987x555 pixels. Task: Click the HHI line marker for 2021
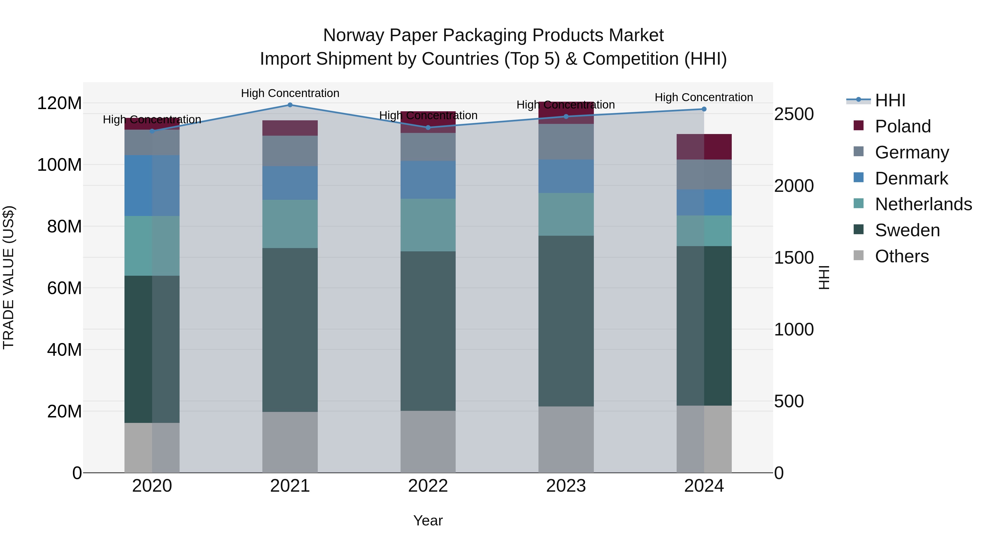(x=290, y=105)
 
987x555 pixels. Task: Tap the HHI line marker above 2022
(x=428, y=127)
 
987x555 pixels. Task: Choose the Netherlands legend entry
(x=923, y=204)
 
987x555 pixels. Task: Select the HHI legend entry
(x=890, y=100)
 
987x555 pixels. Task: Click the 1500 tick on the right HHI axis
(x=793, y=258)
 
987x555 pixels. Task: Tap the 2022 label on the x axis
(x=428, y=486)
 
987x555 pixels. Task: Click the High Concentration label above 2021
(x=290, y=93)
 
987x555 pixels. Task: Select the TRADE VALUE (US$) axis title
(x=8, y=277)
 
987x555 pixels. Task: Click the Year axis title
(x=428, y=520)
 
